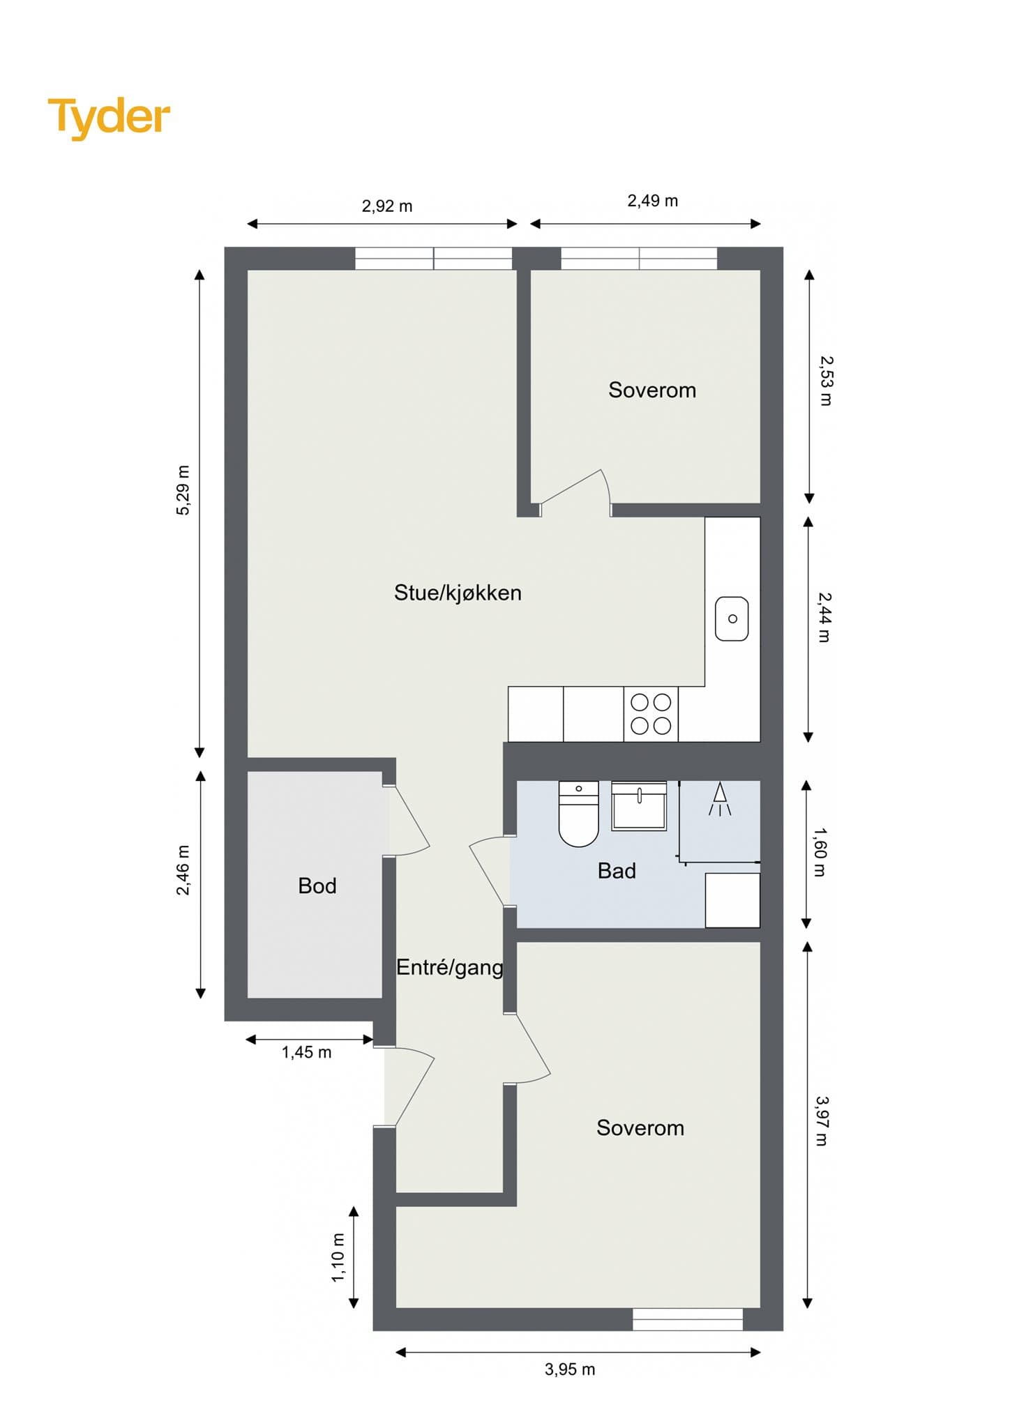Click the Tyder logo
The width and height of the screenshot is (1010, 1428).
pos(109,118)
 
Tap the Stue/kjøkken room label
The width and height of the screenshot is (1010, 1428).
pos(458,593)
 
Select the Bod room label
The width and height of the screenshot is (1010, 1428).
pos(317,886)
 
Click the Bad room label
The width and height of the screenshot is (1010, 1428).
pos(617,870)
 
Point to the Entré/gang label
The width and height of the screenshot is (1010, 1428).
pos(450,967)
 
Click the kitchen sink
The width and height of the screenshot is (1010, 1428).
pos(732,618)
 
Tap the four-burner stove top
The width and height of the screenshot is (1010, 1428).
pos(651,714)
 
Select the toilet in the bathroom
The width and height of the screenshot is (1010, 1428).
pos(579,814)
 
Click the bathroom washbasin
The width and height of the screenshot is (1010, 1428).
pos(639,805)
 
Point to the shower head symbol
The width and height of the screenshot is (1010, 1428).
pos(720,798)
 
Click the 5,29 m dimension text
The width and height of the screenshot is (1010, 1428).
pos(183,490)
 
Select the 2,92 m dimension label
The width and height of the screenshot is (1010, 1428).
pos(387,206)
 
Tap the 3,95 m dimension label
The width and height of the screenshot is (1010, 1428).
pos(570,1369)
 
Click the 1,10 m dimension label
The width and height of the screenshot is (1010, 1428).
pos(338,1256)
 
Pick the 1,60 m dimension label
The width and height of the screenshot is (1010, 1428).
pos(820,852)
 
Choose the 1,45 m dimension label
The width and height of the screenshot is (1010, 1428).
pos(306,1052)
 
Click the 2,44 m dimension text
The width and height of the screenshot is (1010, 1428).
pos(824,617)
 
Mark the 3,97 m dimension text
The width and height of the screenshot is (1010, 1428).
pos(822,1121)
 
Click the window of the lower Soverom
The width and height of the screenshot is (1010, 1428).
pos(688,1319)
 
